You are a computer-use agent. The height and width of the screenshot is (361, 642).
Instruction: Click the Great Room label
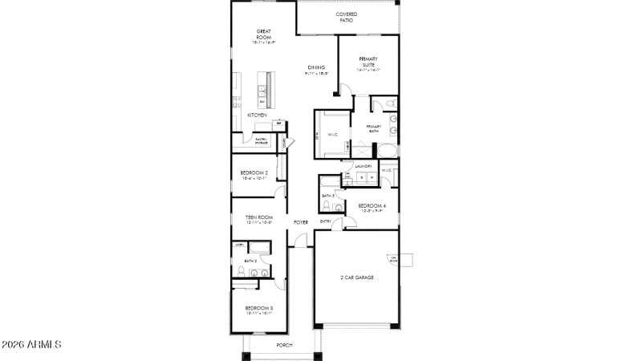tap(263, 34)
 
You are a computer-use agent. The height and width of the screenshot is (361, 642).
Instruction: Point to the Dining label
tap(315, 67)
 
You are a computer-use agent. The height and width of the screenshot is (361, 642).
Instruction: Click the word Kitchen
tap(257, 116)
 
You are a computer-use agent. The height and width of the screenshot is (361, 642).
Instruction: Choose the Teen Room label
tap(259, 217)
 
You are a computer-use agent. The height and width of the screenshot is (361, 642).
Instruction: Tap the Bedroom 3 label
tap(259, 308)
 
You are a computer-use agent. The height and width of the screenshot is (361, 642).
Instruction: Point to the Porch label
tap(284, 345)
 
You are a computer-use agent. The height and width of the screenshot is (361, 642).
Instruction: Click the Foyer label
tap(301, 221)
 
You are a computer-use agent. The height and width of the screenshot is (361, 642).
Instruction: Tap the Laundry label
tap(363, 166)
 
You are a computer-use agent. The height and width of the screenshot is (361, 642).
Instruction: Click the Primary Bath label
tap(375, 128)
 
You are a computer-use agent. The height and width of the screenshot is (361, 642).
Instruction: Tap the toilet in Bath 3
tap(339, 206)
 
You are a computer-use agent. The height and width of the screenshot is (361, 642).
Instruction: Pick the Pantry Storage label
tap(261, 141)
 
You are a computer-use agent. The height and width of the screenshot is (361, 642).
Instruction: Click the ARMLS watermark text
tap(32, 345)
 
